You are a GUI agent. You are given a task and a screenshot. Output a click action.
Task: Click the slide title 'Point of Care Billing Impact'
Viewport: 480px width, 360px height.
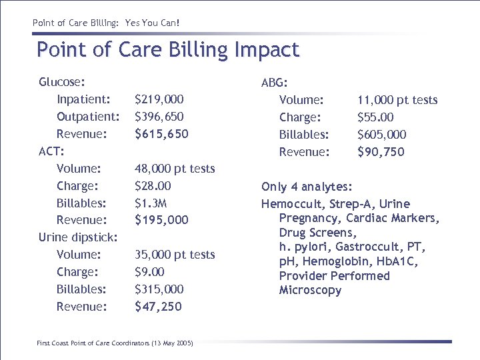click(x=168, y=50)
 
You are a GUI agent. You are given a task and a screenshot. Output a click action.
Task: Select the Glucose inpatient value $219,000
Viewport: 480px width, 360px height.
click(x=159, y=99)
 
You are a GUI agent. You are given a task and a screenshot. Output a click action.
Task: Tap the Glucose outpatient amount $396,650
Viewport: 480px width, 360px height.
click(x=159, y=117)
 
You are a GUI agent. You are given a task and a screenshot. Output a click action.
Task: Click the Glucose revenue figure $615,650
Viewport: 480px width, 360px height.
click(x=161, y=134)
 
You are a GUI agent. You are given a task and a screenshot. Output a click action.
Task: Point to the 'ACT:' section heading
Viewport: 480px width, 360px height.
click(x=51, y=151)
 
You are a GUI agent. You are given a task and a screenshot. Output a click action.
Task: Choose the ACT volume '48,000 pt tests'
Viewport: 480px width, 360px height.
click(x=175, y=169)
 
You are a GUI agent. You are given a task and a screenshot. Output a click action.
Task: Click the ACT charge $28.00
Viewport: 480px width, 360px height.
click(x=153, y=186)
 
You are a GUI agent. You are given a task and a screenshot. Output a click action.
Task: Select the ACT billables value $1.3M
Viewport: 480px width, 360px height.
click(x=151, y=203)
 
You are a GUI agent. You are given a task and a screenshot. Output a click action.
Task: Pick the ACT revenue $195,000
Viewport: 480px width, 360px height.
click(x=161, y=220)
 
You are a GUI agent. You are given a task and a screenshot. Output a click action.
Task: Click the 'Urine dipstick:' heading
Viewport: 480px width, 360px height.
click(x=78, y=237)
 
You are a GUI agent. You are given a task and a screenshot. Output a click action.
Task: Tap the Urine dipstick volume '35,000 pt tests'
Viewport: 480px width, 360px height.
click(x=175, y=255)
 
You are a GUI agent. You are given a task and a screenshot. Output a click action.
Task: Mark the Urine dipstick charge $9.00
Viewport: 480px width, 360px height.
click(x=149, y=272)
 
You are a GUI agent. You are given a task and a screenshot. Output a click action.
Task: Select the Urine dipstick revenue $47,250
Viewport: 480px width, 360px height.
click(x=158, y=307)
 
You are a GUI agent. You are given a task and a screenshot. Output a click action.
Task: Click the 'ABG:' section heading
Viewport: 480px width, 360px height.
click(x=275, y=83)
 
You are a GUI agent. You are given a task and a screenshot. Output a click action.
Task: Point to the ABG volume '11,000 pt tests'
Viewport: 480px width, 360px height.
click(x=397, y=100)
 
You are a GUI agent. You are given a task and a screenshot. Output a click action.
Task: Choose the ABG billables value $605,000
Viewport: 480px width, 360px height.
click(x=382, y=135)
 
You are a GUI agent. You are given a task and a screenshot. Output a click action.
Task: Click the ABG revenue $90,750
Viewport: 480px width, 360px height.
click(x=381, y=152)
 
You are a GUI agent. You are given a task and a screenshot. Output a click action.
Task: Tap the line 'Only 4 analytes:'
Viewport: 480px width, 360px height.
click(x=307, y=187)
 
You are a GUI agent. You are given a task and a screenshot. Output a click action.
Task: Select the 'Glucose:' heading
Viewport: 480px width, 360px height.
click(x=61, y=82)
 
